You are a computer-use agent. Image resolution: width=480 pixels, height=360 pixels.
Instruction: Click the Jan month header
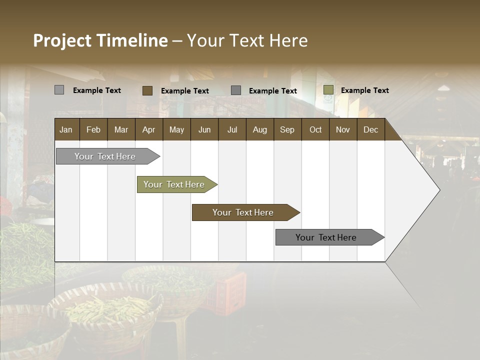pyautogui.click(x=66, y=129)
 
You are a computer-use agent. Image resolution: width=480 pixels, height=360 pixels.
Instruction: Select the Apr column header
pyautogui.click(x=149, y=129)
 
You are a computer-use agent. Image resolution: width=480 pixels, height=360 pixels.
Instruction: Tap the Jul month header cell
pyautogui.click(x=232, y=129)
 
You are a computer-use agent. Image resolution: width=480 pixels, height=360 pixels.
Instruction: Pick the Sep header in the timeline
pyautogui.click(x=287, y=129)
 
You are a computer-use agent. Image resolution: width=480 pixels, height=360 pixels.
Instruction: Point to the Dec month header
pyautogui.click(x=370, y=129)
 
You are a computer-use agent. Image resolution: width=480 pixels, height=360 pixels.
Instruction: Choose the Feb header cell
pyautogui.click(x=93, y=129)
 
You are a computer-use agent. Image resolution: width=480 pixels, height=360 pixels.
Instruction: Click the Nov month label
pyautogui.click(x=343, y=129)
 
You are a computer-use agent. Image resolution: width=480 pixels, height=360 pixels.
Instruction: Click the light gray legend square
pyautogui.click(x=59, y=90)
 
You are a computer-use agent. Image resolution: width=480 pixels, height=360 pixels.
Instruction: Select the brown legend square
pyautogui.click(x=147, y=90)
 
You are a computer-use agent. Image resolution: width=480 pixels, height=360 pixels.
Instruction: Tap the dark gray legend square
pyautogui.click(x=236, y=90)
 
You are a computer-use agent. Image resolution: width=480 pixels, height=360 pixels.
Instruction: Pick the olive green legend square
pyautogui.click(x=328, y=90)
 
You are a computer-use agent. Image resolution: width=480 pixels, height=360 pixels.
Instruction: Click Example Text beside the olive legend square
pyautogui.click(x=364, y=90)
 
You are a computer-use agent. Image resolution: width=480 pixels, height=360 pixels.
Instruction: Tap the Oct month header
pyautogui.click(x=315, y=129)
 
